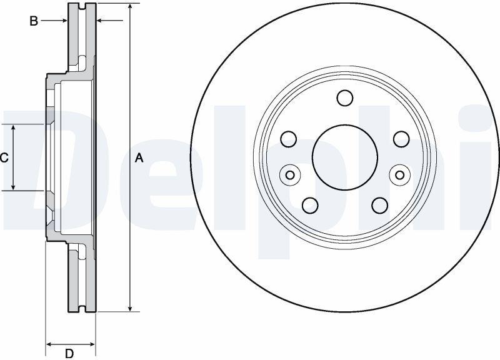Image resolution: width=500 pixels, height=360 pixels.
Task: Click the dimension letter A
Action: (139, 158)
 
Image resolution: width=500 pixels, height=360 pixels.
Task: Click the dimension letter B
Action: (34, 21)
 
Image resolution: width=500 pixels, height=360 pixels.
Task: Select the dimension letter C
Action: (4, 158)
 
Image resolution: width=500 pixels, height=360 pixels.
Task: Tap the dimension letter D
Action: (69, 353)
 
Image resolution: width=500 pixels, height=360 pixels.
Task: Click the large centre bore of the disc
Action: (345, 157)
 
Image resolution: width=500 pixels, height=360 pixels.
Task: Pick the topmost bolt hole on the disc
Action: (345, 98)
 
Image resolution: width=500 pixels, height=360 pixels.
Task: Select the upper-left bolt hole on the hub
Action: (289, 139)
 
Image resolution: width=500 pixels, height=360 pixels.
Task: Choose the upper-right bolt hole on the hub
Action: (401, 139)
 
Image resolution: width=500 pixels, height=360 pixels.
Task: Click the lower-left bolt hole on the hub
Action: (310, 206)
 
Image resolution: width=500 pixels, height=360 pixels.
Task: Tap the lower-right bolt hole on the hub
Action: (380, 206)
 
